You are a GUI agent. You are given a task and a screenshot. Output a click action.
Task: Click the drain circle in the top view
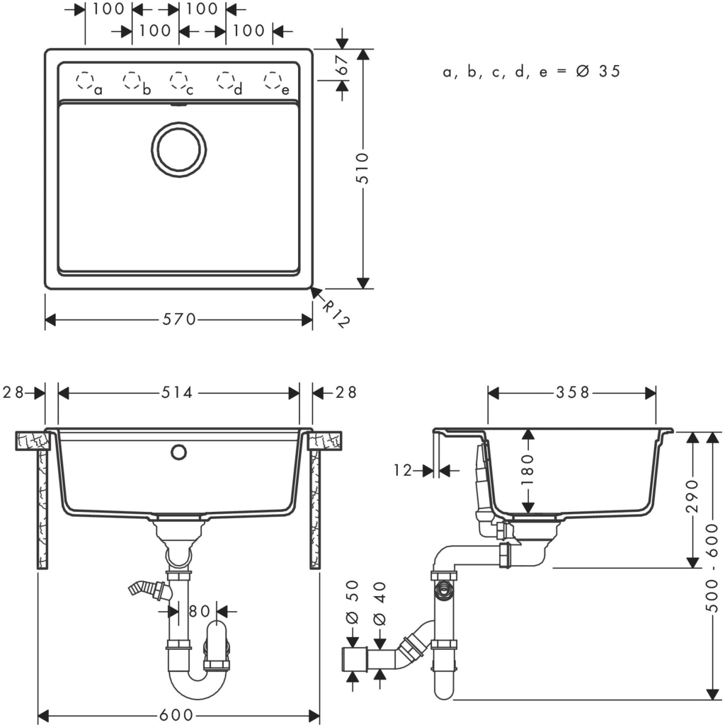[179, 148]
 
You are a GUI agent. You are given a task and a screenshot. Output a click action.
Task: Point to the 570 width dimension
[179, 319]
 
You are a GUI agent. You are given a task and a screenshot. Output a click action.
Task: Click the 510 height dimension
[363, 169]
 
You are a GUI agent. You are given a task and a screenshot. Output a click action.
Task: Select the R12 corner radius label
[335, 312]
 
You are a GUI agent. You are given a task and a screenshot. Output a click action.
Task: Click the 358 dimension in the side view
[572, 392]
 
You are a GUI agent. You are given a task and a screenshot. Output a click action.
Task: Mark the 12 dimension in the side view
[403, 470]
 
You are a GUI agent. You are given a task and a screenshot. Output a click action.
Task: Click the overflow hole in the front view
[178, 450]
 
